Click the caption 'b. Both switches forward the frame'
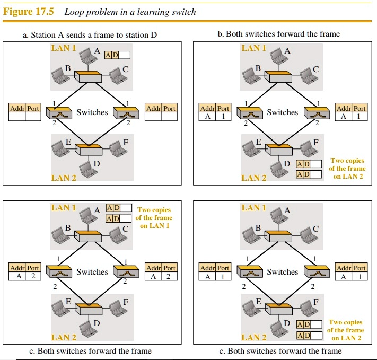(x=279, y=34)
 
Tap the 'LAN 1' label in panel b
(x=254, y=48)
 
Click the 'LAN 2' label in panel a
(x=64, y=178)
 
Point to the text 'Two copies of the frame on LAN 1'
(x=154, y=217)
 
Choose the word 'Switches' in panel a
(x=92, y=112)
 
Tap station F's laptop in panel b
(x=306, y=147)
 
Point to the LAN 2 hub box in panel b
(x=278, y=149)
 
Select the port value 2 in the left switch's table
(x=33, y=277)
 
